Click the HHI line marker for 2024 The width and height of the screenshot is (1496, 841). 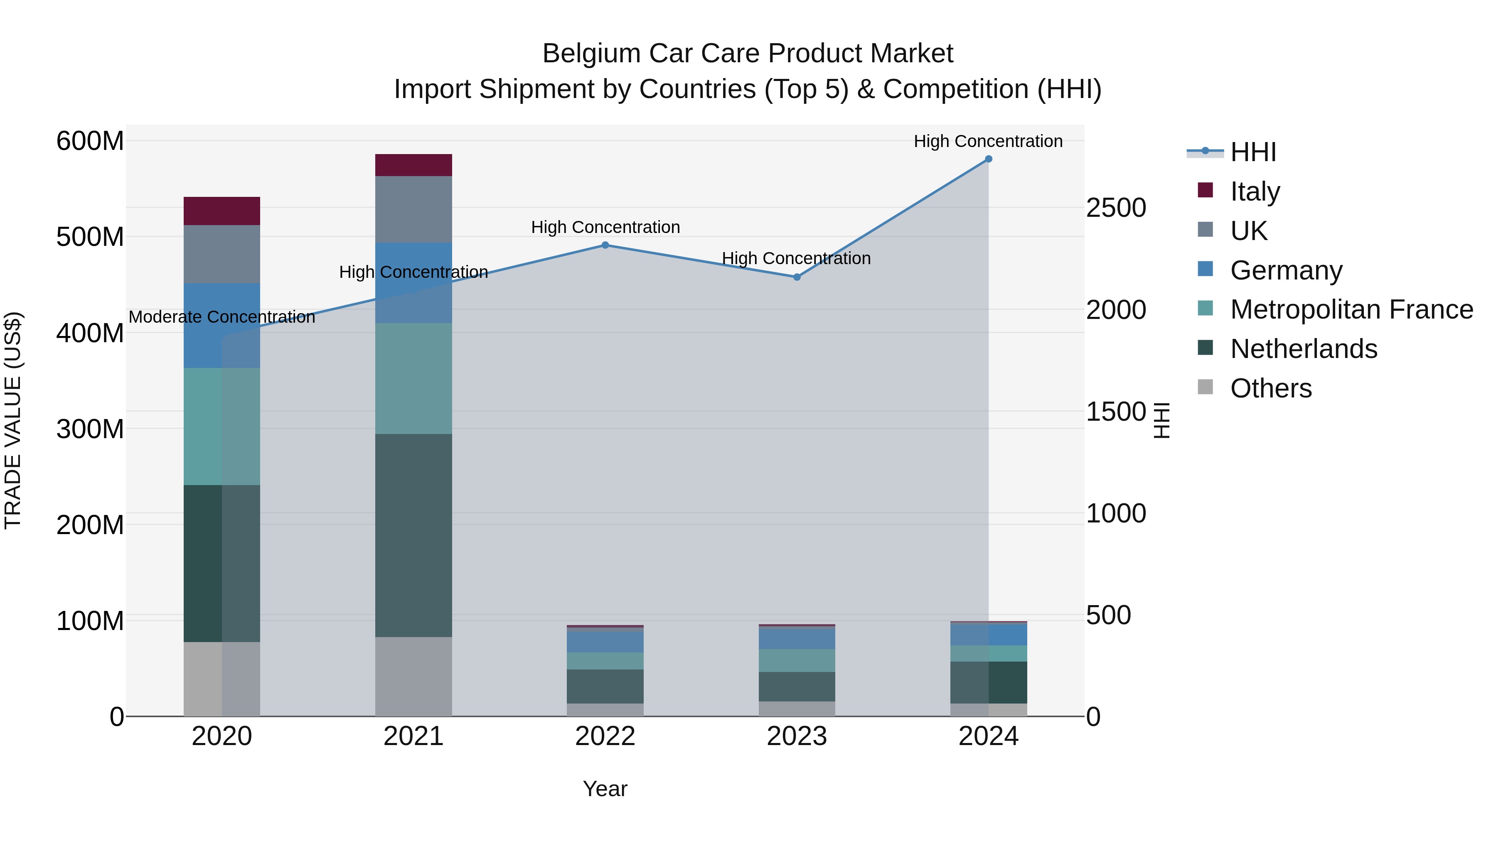click(x=989, y=159)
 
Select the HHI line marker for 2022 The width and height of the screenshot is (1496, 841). click(x=605, y=245)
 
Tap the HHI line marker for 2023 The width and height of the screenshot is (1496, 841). click(x=797, y=277)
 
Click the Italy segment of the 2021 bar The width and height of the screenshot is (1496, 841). click(x=413, y=165)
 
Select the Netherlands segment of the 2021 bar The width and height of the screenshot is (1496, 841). click(x=413, y=535)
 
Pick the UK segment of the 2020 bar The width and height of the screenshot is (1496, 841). click(x=222, y=254)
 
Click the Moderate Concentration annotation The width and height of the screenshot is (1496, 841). click(x=222, y=317)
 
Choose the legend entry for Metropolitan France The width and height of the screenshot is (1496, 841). click(x=1351, y=309)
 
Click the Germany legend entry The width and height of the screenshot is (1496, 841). click(x=1286, y=270)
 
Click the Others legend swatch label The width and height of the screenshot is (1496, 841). click(x=1271, y=388)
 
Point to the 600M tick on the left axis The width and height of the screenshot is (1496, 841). click(x=90, y=141)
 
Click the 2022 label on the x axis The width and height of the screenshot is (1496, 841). click(x=605, y=736)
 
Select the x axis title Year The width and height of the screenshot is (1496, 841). click(x=605, y=789)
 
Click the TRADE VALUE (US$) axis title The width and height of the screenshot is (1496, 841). click(x=13, y=420)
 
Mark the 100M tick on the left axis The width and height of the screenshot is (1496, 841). click(x=90, y=621)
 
